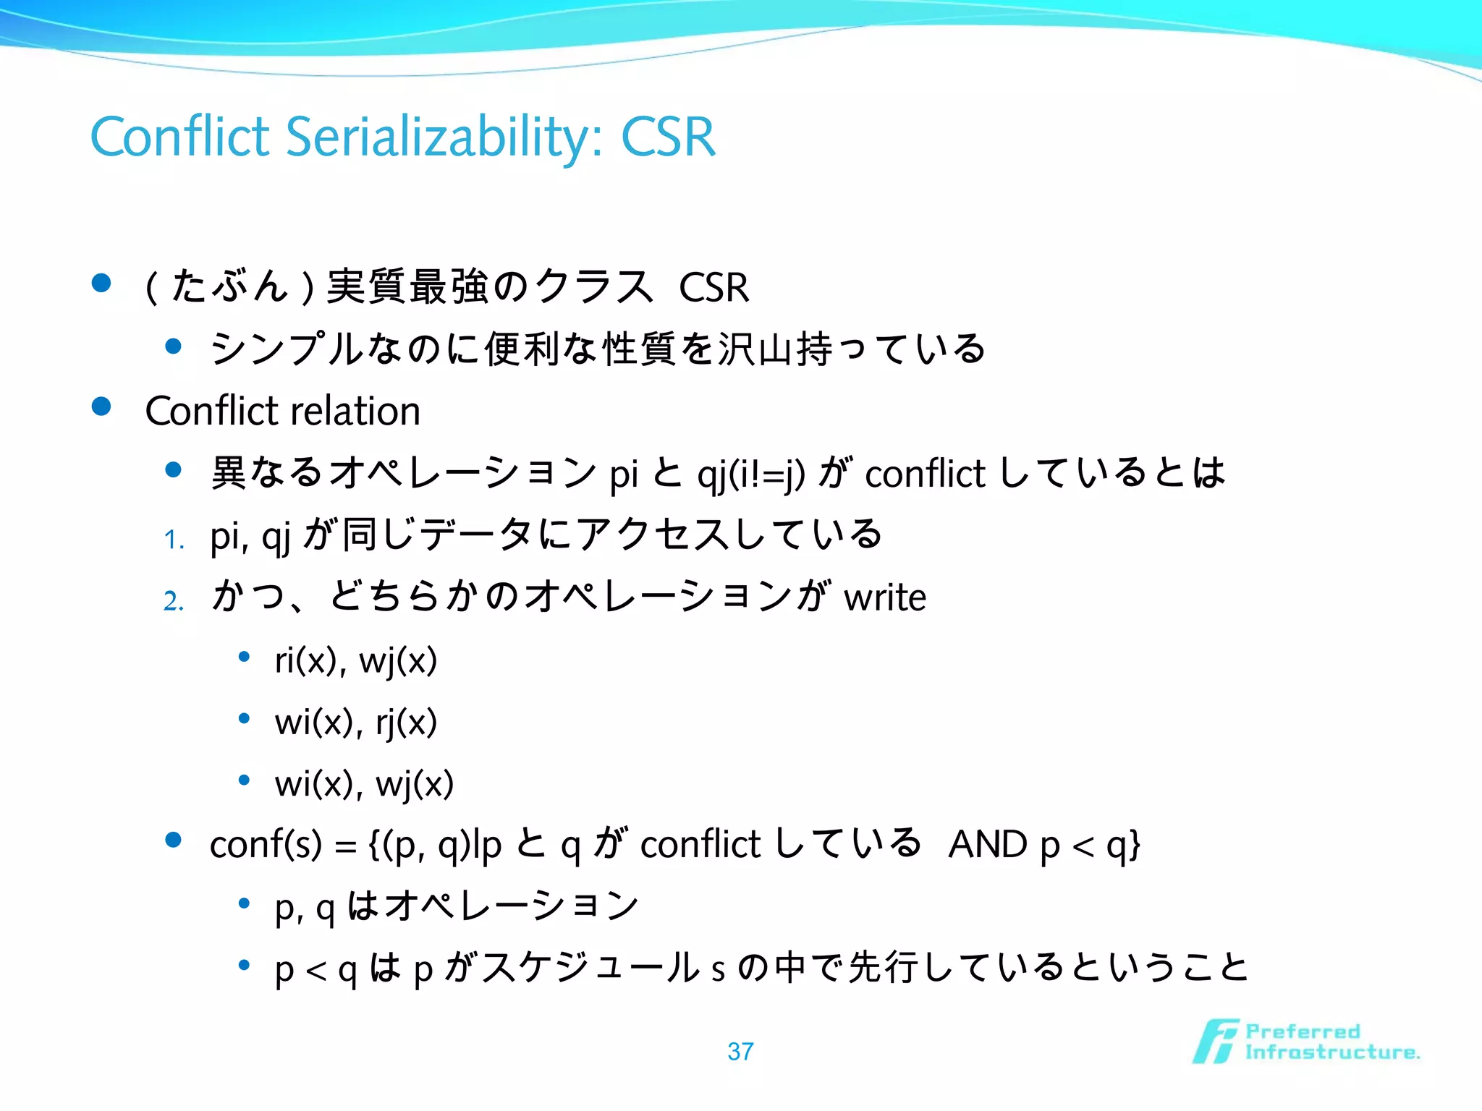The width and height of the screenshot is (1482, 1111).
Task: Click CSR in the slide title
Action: [x=668, y=137]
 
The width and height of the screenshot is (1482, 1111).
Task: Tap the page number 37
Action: [x=740, y=1051]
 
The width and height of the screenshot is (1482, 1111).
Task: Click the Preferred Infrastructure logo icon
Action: [x=1215, y=1042]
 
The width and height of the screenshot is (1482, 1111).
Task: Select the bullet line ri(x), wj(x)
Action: [x=355, y=660]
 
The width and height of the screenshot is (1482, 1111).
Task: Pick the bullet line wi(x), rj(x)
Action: [x=355, y=722]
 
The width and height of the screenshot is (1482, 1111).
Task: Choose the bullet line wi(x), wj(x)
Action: [x=364, y=783]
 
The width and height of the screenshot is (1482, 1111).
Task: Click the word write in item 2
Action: [x=884, y=597]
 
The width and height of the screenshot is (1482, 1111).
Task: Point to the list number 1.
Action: [x=173, y=540]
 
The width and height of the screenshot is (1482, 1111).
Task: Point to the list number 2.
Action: [x=173, y=601]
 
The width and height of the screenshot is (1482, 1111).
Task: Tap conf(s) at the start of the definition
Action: [x=266, y=845]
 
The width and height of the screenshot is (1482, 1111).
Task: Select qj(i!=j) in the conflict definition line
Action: [x=750, y=474]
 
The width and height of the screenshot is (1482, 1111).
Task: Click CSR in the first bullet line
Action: [x=714, y=287]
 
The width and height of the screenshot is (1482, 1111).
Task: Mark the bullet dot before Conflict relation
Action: [x=101, y=406]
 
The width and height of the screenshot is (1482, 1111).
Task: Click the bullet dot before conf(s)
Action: [x=173, y=840]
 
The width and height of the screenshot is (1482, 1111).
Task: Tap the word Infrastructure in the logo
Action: [x=1331, y=1052]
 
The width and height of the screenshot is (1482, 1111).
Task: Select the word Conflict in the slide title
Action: [x=179, y=137]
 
